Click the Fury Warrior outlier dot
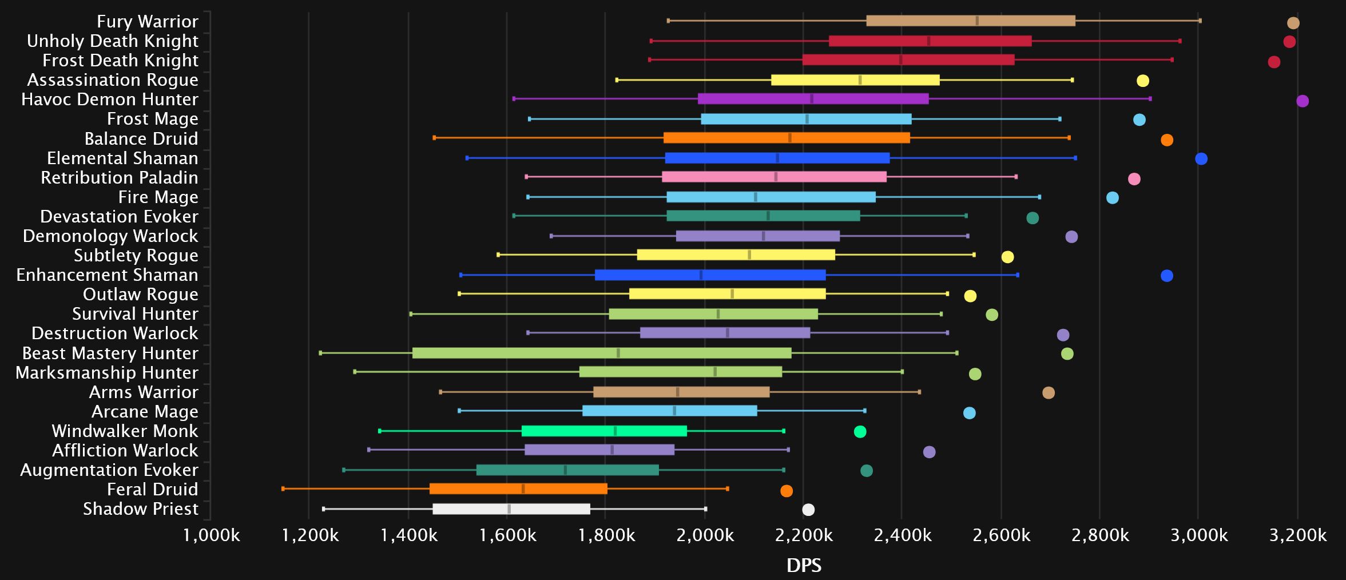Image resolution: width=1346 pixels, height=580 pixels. coord(1293,23)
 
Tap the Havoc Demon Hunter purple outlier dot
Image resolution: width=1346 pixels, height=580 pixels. coord(1303,101)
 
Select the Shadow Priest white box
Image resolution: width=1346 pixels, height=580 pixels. coord(511,509)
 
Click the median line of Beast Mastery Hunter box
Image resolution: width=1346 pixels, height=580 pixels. coord(618,353)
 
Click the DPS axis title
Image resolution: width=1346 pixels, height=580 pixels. coord(804,565)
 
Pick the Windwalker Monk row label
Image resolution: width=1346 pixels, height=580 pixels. coord(125,431)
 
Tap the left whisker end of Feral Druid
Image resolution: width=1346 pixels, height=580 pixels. coord(283,488)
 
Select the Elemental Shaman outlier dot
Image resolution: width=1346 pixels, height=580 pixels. coord(1201,159)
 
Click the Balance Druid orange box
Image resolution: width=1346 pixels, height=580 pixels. coord(787,138)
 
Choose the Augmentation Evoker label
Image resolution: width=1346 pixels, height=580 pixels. coord(109,470)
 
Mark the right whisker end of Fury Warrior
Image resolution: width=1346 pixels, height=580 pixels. coord(1200,21)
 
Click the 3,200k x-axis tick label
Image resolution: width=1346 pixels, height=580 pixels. coord(1297,535)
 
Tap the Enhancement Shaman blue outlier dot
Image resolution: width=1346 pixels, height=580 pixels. coord(1167,276)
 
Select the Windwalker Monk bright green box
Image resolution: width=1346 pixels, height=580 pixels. coord(604,431)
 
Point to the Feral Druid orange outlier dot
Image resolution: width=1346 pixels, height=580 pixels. coord(787,491)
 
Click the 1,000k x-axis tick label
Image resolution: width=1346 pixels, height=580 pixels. coord(211,535)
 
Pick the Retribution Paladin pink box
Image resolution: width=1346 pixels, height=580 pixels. coord(774,177)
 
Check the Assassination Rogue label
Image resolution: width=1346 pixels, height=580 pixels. coord(113,80)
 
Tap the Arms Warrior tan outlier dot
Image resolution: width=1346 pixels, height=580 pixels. coord(1049,393)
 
